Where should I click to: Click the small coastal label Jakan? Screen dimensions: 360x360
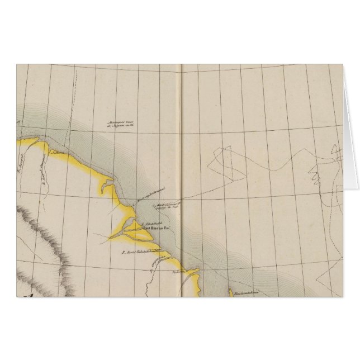pos(55,151)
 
